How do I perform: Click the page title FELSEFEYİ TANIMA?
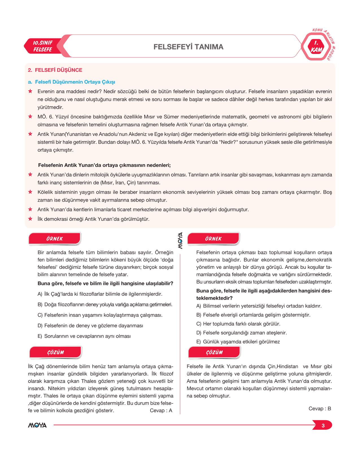pos(188,47)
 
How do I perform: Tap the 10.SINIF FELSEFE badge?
pos(43,46)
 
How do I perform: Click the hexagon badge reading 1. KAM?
pos(316,47)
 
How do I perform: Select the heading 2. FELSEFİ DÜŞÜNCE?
pos(55,70)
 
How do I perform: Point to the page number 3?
pos(323,426)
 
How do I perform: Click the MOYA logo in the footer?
pos(37,425)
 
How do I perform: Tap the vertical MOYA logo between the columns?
pos(180,241)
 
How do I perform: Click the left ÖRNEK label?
pos(54,239)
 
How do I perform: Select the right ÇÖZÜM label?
pos(214,352)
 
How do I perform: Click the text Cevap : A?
pos(161,411)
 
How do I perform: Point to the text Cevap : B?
pos(320,409)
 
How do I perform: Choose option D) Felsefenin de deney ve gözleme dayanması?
pos(90,326)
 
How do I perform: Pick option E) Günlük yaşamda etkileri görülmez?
pos(238,342)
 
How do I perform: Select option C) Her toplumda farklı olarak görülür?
pos(238,324)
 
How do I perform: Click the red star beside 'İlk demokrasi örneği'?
pos(30,219)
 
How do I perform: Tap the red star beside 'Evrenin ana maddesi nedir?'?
pos(30,91)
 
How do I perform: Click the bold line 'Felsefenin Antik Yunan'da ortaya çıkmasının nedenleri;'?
pos(104,165)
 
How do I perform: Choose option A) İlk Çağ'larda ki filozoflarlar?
pos(100,294)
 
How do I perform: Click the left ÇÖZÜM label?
pos(56,352)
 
